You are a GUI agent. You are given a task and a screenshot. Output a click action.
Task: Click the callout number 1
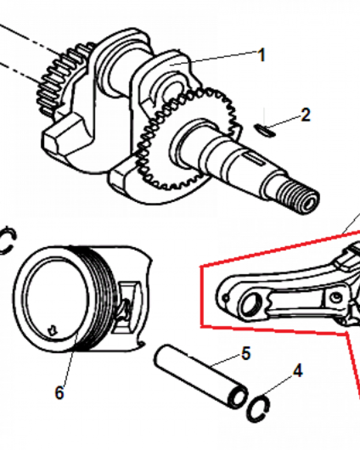coord(261,55)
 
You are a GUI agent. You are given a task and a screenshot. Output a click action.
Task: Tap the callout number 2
coord(306,114)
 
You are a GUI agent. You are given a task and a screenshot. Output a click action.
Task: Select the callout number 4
coord(298,370)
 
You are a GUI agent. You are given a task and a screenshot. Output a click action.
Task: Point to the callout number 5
coord(246,353)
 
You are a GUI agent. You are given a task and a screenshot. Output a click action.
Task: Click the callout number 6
coord(59,392)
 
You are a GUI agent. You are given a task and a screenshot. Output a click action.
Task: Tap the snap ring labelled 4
coord(258,409)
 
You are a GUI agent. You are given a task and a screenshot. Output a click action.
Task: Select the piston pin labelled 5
coord(201,376)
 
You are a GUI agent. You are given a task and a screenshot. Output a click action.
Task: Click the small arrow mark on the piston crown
coord(52,330)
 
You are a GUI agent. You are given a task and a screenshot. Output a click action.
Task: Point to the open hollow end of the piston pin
coord(238,397)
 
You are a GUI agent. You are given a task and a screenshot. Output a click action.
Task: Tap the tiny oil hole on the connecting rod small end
coord(226,299)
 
